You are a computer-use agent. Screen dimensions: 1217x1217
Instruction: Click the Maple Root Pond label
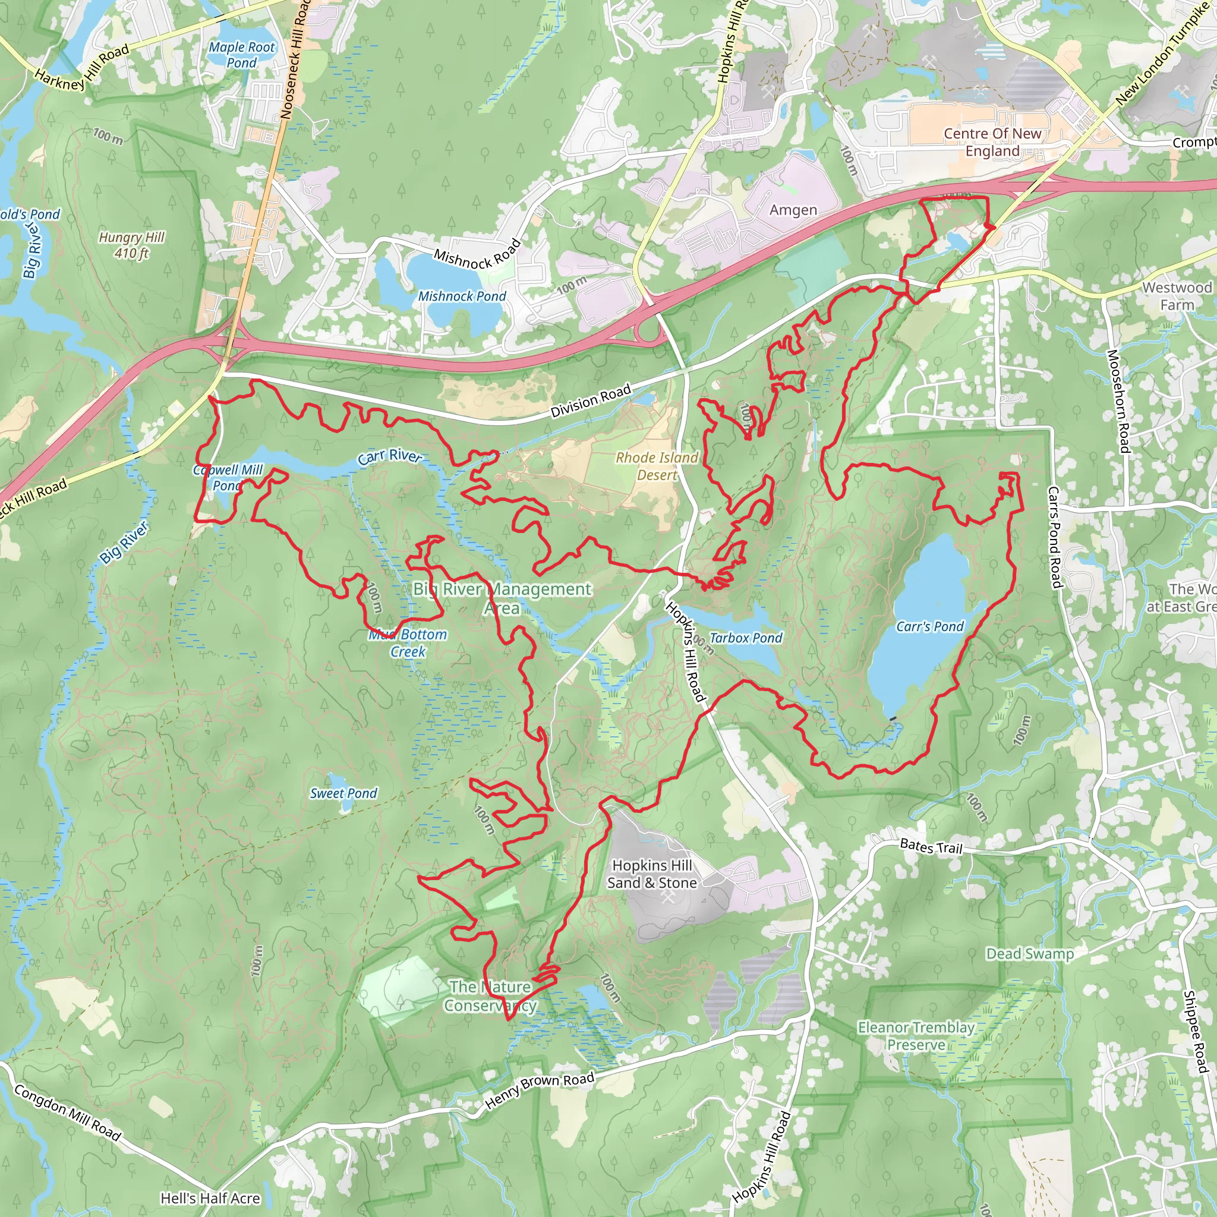[242, 55]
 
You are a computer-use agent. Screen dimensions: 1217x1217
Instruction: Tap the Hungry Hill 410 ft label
[132, 245]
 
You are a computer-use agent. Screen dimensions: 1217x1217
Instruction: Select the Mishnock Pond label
[462, 296]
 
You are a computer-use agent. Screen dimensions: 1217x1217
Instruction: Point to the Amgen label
[793, 210]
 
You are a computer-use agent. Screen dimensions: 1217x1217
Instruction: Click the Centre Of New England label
[992, 143]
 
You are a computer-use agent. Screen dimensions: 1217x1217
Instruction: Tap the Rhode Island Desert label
[657, 466]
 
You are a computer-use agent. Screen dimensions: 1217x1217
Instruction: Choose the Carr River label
[390, 456]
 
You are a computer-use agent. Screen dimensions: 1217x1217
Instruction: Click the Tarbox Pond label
[746, 638]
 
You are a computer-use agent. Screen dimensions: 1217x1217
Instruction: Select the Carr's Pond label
[930, 627]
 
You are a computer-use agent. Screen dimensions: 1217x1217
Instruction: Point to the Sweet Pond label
[343, 794]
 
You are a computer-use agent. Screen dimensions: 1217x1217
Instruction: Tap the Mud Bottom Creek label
[408, 643]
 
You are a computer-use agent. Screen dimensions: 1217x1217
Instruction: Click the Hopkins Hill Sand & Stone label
[652, 874]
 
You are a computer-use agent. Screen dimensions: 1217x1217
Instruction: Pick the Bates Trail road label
[931, 847]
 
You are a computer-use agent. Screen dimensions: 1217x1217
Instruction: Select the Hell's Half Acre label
[210, 1198]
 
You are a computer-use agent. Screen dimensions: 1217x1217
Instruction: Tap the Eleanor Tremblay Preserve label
[916, 1036]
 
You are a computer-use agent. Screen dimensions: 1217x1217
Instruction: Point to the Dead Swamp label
[1029, 954]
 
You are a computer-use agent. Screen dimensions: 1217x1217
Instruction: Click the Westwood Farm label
[1177, 296]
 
